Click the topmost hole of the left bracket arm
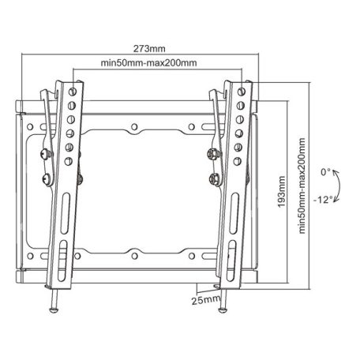click(73, 89)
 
